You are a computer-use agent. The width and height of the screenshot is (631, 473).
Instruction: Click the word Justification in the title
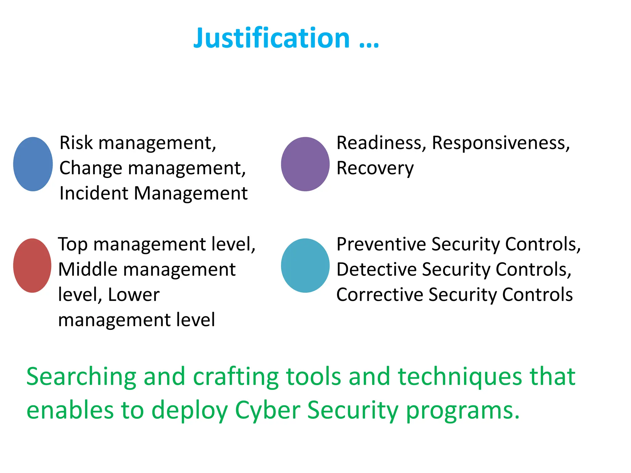pos(271,38)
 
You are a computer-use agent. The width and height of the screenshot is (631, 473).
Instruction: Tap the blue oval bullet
pos(33,164)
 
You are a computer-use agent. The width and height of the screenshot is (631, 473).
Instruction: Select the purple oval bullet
pos(305,164)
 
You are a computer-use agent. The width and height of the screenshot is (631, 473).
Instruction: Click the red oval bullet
pos(32,265)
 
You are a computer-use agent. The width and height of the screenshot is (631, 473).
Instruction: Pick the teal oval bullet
pos(305,265)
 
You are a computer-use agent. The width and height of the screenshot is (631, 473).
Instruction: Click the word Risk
pos(76,143)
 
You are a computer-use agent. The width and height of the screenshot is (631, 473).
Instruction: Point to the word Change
pos(91,168)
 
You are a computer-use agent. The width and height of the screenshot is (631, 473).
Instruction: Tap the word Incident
pos(94,194)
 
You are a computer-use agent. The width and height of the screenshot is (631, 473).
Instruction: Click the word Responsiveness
pos(501,143)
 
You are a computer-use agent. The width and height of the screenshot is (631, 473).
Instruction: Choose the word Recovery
pos(375,168)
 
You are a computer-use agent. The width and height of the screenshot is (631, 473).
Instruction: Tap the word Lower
pos(134,295)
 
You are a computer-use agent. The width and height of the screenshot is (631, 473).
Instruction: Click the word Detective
pos(376,270)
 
